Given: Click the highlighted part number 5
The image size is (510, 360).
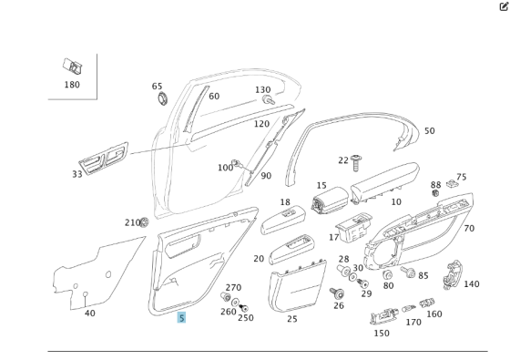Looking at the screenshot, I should pyautogui.click(x=181, y=317).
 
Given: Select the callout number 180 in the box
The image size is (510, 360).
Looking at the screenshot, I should pyautogui.click(x=71, y=85).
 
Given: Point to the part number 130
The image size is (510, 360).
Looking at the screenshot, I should pyautogui.click(x=262, y=90).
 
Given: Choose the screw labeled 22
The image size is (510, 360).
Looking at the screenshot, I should pyautogui.click(x=356, y=161).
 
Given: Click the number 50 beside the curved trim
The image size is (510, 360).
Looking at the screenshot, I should pyautogui.click(x=429, y=131).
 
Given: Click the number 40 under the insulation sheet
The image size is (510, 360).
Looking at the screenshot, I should pyautogui.click(x=89, y=314).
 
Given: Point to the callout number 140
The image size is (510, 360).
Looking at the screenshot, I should pyautogui.click(x=471, y=284).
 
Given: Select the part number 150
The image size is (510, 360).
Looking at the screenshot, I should pyautogui.click(x=381, y=333).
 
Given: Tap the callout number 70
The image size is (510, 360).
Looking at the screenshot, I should pyautogui.click(x=469, y=229).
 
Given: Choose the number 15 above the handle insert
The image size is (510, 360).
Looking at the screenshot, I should pyautogui.click(x=321, y=186).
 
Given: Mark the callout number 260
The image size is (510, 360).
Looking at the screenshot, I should pyautogui.click(x=227, y=312).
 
